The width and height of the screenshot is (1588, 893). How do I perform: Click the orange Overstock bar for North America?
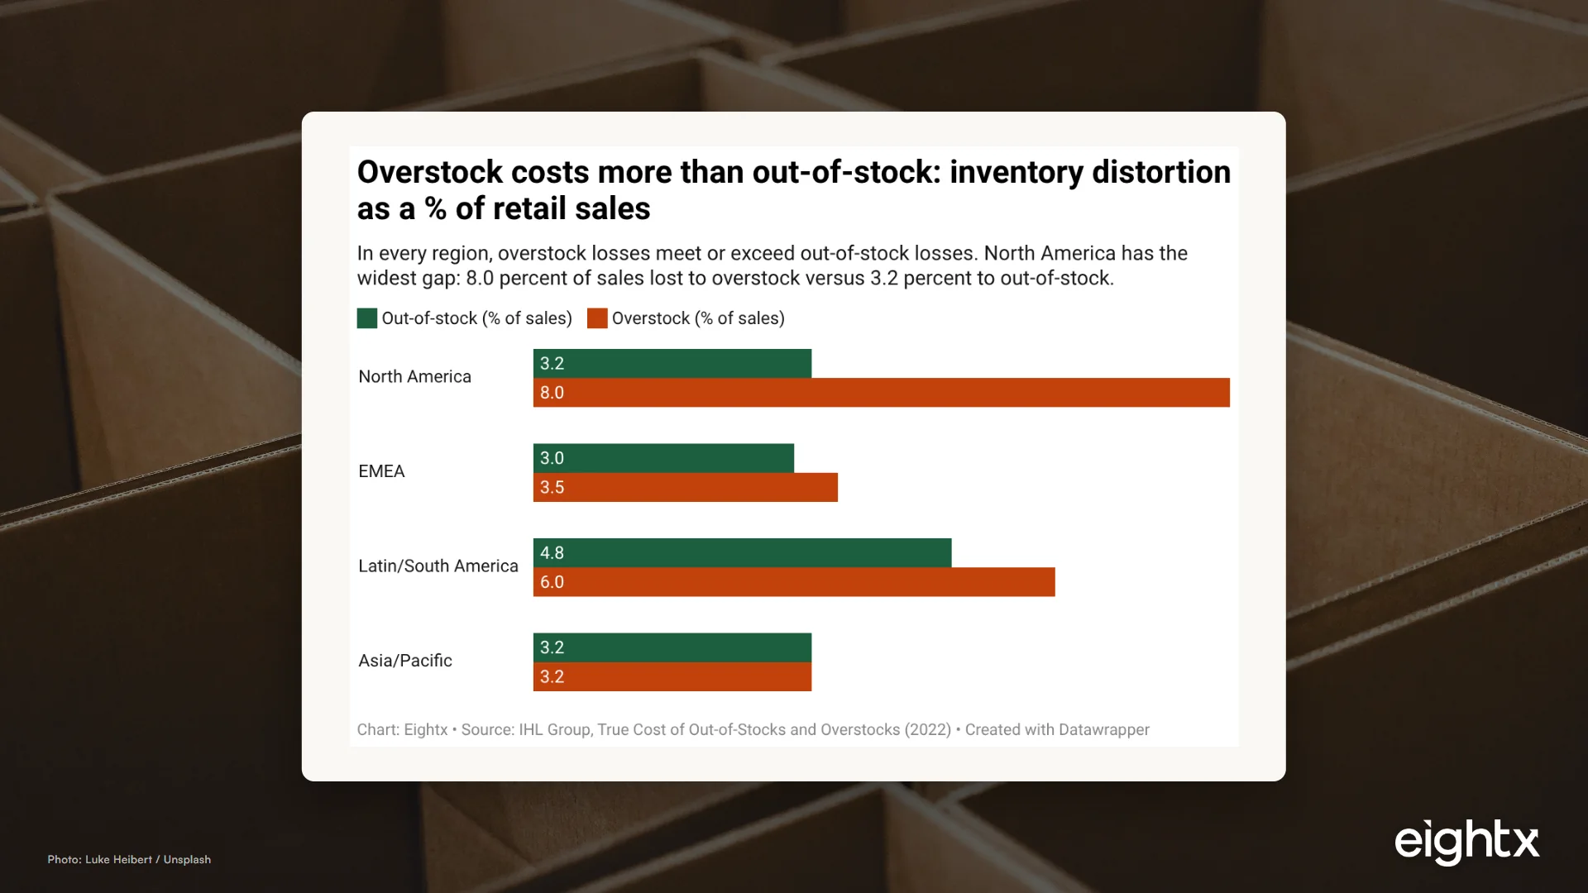882,393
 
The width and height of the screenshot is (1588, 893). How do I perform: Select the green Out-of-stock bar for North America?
672,364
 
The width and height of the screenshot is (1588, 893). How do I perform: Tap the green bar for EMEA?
663,458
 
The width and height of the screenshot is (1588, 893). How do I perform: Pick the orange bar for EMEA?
686,487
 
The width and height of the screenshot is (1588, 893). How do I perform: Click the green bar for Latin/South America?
742,553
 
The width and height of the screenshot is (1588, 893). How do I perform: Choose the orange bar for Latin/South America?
794,582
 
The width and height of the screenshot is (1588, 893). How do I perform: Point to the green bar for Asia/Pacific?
672,647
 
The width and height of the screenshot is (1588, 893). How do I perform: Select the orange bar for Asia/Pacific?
672,676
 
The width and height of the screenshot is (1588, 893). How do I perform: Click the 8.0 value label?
552,393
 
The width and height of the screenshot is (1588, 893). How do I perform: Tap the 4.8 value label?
552,553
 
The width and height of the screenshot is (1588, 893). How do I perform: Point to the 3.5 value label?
552,487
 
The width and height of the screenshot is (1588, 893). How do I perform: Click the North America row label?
414,376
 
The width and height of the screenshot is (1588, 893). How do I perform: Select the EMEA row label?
381,471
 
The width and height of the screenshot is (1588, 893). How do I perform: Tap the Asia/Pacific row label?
405,661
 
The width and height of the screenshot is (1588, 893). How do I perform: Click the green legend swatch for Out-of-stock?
367,318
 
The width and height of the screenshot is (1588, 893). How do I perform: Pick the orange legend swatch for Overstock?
597,318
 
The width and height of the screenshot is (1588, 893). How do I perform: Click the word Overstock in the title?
430,172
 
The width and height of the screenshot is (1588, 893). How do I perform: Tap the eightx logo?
1466,843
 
